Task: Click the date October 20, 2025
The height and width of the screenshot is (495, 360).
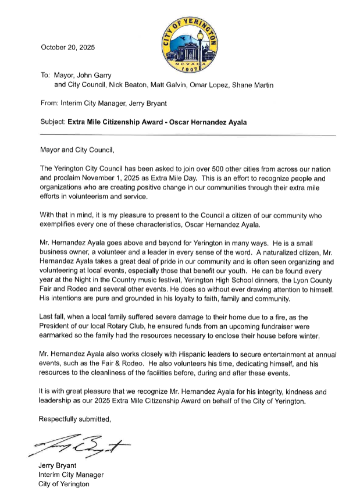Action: tap(67, 47)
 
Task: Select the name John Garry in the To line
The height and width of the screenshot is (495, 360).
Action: tap(107, 74)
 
